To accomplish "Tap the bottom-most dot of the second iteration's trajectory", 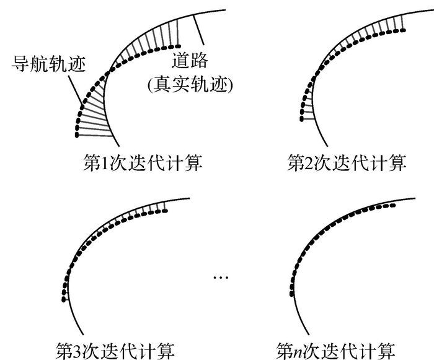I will tap(300, 118).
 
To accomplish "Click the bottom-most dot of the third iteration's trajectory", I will tap(63, 301).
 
